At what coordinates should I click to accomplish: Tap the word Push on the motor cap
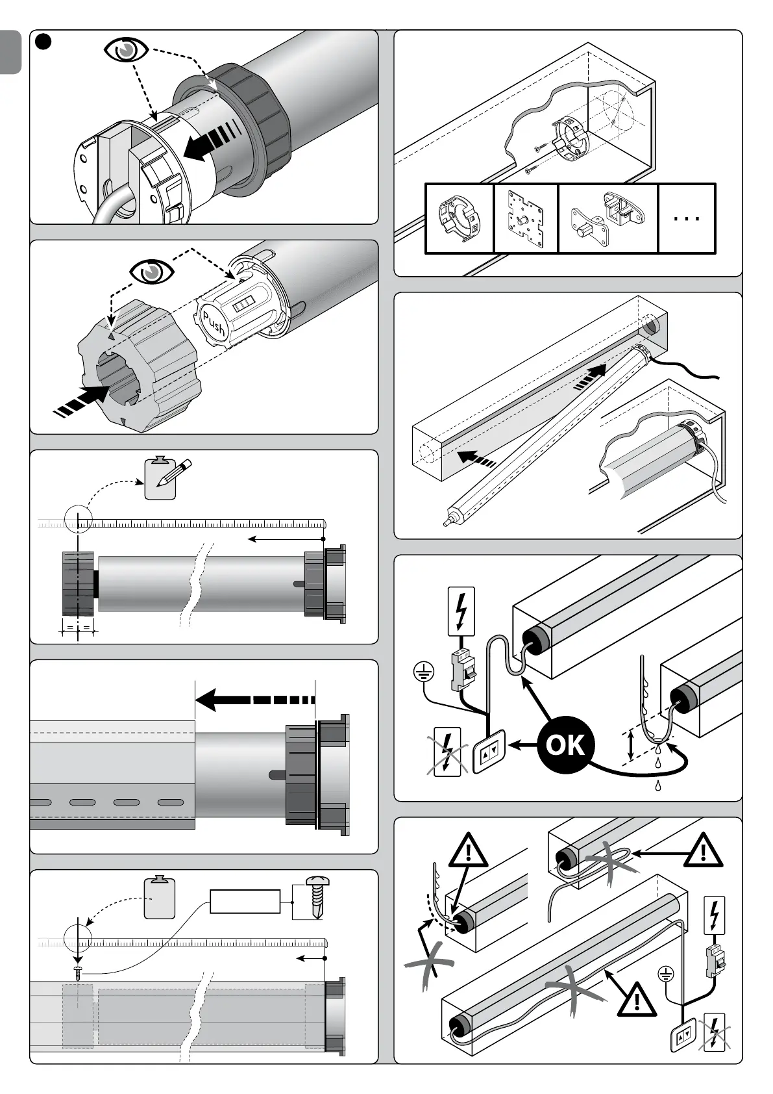pyautogui.click(x=213, y=324)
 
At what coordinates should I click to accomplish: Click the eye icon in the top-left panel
pyautogui.click(x=127, y=51)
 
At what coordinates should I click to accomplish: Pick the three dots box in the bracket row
pyautogui.click(x=687, y=218)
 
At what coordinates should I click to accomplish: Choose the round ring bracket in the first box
pyautogui.click(x=459, y=219)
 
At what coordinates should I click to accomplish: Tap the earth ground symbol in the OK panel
pyautogui.click(x=423, y=672)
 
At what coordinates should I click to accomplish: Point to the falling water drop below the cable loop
pyautogui.click(x=658, y=785)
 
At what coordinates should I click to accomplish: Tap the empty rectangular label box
pyautogui.click(x=245, y=902)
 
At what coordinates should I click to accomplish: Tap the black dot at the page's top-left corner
pyautogui.click(x=42, y=42)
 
